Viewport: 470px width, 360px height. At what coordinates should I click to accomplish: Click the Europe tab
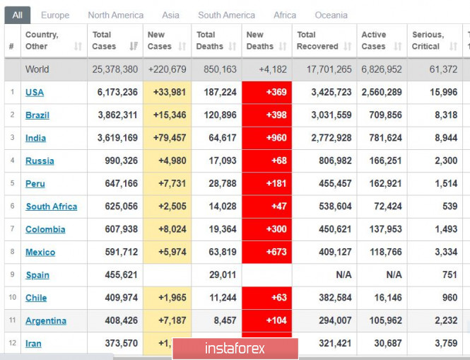pos(55,15)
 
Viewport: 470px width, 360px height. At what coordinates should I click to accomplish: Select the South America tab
pos(226,15)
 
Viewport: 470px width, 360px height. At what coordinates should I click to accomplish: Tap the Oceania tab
pos(331,15)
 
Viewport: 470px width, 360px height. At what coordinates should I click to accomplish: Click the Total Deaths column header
pos(206,40)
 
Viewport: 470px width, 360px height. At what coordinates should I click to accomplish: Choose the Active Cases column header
pos(374,40)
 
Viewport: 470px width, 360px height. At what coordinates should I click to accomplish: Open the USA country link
pos(35,92)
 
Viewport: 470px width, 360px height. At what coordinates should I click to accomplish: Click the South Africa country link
pos(52,207)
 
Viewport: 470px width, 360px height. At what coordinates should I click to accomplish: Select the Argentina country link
pos(46,320)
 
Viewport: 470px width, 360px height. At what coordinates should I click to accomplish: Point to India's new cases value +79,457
pos(167,138)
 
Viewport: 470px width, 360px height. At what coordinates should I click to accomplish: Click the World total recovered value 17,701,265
pos(326,69)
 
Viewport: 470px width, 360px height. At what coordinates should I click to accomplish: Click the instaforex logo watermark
pos(233,348)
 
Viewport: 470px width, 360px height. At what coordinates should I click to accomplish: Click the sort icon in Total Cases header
pos(134,47)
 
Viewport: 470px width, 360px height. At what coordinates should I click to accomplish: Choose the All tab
pos(17,15)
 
